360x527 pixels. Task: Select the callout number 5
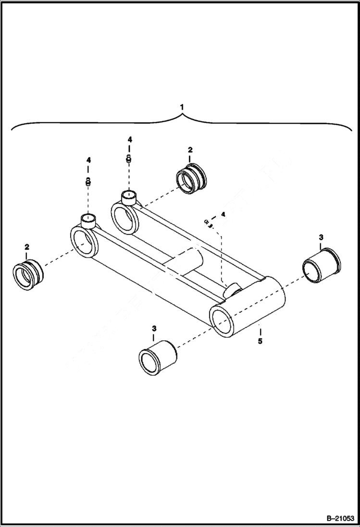[x=260, y=342]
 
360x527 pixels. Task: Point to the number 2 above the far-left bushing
[x=27, y=246]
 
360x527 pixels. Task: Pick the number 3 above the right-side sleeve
[x=321, y=237]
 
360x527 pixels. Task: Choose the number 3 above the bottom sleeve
[x=154, y=329]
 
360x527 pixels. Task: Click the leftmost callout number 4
[x=88, y=159]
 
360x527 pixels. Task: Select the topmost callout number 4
[x=129, y=139]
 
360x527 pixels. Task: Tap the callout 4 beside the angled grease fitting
[x=223, y=214]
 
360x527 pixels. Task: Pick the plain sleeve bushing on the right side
[x=321, y=265]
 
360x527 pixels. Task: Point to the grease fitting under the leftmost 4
[x=88, y=181]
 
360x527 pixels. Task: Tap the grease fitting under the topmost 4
[x=129, y=159]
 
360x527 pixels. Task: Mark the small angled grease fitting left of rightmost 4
[x=208, y=223]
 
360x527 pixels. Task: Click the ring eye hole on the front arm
[x=84, y=242]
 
